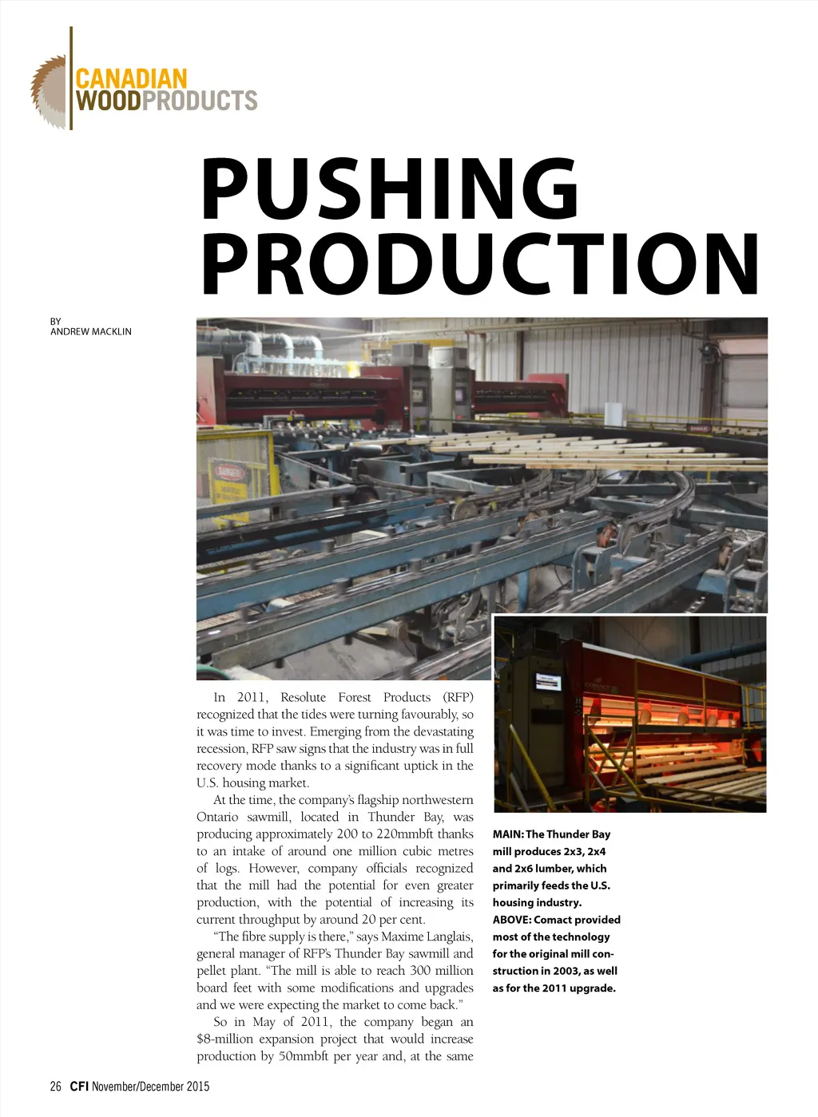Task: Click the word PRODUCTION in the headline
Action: [480, 264]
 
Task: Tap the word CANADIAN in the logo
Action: [131, 79]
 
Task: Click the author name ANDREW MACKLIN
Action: [91, 331]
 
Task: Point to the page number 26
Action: [55, 1086]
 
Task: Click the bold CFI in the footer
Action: [78, 1086]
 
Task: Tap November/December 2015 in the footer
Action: [150, 1086]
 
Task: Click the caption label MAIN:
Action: [508, 834]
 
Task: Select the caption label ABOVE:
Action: [511, 920]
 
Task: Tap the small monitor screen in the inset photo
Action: [548, 682]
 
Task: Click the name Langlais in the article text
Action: [450, 937]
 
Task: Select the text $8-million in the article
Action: [224, 1039]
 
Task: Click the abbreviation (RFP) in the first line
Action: [458, 697]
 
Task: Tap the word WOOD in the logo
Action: [108, 101]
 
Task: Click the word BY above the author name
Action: [56, 321]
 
